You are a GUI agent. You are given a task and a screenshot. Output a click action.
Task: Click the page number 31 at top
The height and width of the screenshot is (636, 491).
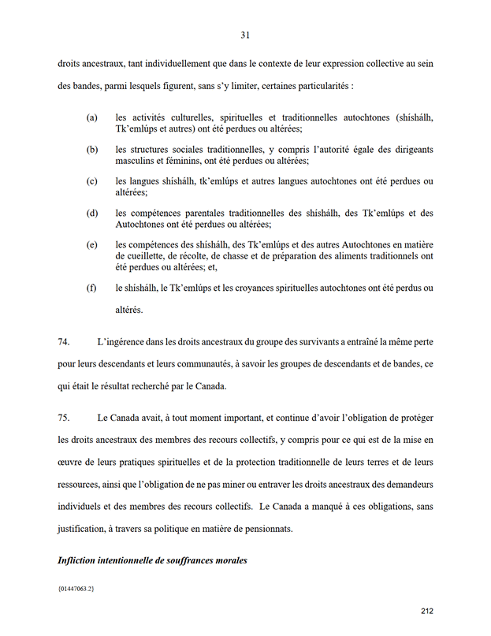[245, 35]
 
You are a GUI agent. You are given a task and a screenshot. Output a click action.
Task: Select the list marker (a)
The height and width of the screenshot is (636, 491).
[92, 117]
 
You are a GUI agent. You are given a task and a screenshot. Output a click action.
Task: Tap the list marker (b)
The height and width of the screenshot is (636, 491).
[92, 150]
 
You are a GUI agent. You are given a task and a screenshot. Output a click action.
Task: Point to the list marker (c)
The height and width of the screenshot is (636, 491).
[92, 181]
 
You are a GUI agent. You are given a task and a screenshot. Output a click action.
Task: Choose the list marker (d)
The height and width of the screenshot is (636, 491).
[92, 214]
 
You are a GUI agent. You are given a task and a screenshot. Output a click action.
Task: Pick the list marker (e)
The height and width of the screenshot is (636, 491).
[92, 245]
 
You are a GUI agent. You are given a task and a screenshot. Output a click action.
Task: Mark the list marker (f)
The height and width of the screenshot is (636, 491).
[92, 288]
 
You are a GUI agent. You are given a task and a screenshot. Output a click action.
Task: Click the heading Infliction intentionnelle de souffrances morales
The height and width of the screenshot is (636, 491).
[153, 560]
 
